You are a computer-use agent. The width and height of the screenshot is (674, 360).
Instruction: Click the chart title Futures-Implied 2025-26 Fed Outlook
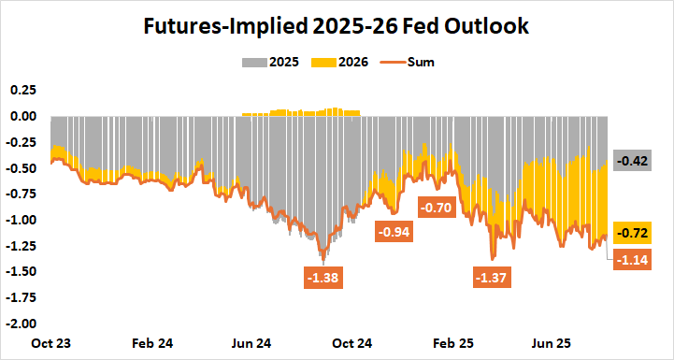point(337,27)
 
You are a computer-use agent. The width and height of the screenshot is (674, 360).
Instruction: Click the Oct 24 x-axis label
point(346,343)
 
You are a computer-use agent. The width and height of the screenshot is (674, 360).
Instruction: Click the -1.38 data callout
point(322,277)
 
